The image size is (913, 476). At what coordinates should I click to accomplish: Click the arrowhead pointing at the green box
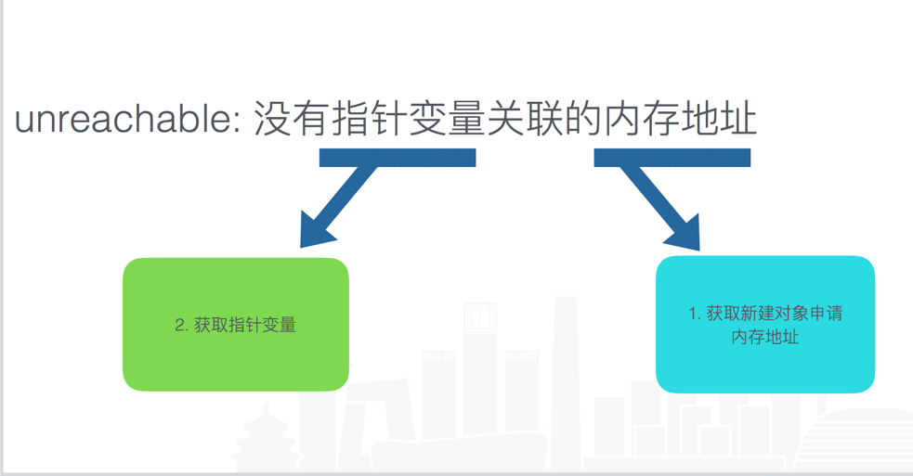(x=316, y=231)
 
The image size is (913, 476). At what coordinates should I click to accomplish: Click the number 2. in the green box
(x=182, y=326)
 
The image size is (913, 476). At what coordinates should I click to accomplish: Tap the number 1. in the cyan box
(x=694, y=315)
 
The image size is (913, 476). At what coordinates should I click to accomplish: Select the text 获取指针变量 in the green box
(x=245, y=326)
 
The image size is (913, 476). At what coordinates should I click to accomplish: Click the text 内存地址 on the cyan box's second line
(x=765, y=337)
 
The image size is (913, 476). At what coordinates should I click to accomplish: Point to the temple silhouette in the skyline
(x=266, y=436)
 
